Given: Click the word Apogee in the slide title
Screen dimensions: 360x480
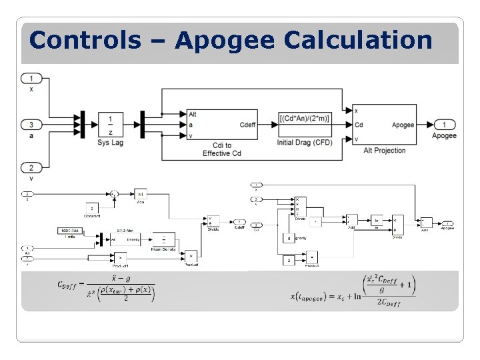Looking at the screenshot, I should click(225, 41).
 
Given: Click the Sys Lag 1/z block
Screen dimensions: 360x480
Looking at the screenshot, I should click(110, 125).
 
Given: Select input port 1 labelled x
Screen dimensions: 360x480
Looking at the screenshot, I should click(31, 79).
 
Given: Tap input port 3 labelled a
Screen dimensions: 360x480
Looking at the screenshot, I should click(31, 125).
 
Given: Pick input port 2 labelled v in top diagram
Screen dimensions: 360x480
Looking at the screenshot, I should click(31, 167).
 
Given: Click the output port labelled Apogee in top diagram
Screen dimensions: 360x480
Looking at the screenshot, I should click(444, 125).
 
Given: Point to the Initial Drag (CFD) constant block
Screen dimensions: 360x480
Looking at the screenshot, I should click(304, 119).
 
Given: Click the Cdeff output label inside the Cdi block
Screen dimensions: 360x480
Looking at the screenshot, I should click(247, 125).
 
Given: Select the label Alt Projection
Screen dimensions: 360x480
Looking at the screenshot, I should click(385, 151).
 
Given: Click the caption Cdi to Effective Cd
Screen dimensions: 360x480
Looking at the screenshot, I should click(217, 149).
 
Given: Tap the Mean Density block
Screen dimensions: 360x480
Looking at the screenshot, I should click(164, 239).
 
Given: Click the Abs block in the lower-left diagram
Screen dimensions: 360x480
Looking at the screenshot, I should click(140, 194).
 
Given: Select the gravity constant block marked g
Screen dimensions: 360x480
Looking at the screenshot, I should click(288, 237).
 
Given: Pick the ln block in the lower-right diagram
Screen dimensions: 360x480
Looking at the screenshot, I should click(377, 221).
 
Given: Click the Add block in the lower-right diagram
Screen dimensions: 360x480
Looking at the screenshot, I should click(351, 221).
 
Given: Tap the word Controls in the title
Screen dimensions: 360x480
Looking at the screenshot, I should click(85, 41).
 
